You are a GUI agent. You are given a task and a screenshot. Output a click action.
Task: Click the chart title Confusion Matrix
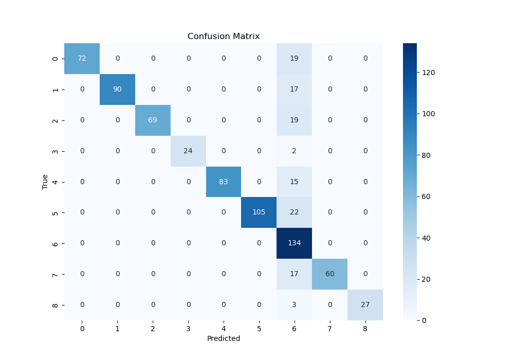click(x=224, y=37)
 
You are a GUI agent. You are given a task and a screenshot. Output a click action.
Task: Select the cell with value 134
click(x=294, y=243)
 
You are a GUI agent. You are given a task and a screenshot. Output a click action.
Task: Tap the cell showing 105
click(x=259, y=212)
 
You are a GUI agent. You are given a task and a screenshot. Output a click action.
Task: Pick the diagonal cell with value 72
click(x=82, y=58)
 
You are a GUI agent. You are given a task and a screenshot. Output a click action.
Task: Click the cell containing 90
click(x=117, y=89)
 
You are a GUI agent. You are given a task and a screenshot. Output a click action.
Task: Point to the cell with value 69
click(x=153, y=120)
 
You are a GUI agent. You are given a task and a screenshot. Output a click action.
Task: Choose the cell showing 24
click(x=188, y=151)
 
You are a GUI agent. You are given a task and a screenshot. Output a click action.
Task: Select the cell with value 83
click(x=224, y=182)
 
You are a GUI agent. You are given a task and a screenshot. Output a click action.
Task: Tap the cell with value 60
click(x=329, y=274)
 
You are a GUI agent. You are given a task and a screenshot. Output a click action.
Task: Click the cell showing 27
click(x=365, y=305)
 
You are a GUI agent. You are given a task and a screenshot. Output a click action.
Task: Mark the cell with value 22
click(x=294, y=212)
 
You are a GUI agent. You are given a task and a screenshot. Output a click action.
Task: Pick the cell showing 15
click(x=294, y=182)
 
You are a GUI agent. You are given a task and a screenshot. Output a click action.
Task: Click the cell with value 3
click(x=294, y=305)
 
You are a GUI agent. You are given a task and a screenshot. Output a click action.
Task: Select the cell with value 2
click(x=294, y=151)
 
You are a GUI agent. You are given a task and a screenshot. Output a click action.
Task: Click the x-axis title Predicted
click(x=224, y=339)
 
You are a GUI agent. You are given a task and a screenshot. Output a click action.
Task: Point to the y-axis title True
click(x=45, y=182)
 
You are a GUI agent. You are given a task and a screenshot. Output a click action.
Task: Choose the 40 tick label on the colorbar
click(x=427, y=238)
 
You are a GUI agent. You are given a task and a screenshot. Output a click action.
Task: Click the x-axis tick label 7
click(x=329, y=328)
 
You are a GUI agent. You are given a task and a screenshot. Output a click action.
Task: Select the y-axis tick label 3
click(x=55, y=151)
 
